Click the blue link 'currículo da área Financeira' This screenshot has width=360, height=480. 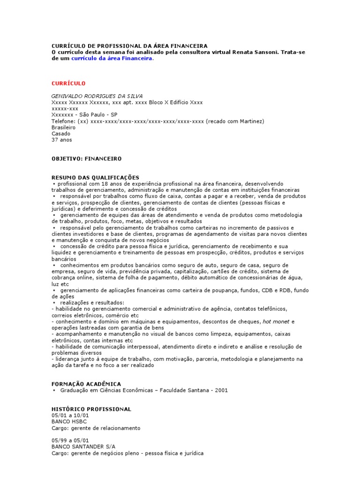pyautogui.click(x=112, y=59)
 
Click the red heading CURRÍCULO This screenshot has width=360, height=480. pyautogui.click(x=68, y=83)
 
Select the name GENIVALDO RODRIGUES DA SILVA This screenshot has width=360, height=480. pyautogui.click(x=97, y=96)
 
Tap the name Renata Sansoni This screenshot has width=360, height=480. pyautogui.click(x=256, y=52)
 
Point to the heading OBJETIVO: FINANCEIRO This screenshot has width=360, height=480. pyautogui.click(x=86, y=159)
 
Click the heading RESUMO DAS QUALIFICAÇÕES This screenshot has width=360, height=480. pyautogui.click(x=95, y=177)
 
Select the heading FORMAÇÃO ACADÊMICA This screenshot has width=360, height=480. pyautogui.click(x=86, y=383)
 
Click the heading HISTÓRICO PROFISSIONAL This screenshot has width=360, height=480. pyautogui.click(x=91, y=409)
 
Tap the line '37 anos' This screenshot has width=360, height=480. pyautogui.click(x=62, y=140)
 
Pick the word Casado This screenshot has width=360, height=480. pyautogui.click(x=60, y=134)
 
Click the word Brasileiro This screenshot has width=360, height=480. pyautogui.click(x=64, y=127)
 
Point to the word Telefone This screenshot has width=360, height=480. pyautogui.click(x=63, y=121)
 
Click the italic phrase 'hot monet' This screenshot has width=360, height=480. pyautogui.click(x=276, y=322)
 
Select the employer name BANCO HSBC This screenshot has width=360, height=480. pyautogui.click(x=69, y=421)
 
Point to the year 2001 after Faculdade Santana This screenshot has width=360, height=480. pyautogui.click(x=221, y=390)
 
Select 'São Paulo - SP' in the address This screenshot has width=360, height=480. pyautogui.click(x=98, y=114)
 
